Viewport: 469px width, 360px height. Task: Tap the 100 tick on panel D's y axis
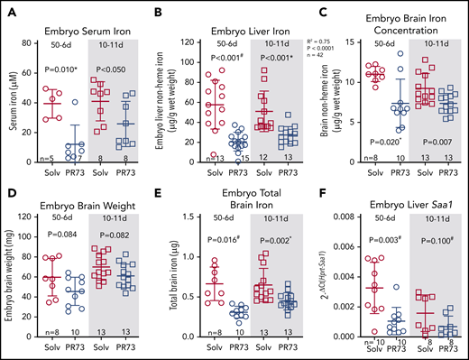point(33,217)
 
